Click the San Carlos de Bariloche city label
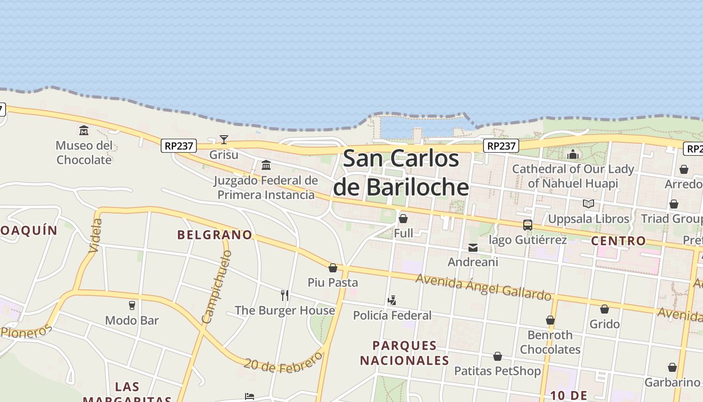(401, 173)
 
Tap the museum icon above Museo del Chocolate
(84, 131)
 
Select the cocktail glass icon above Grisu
(224, 139)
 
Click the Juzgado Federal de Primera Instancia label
(266, 187)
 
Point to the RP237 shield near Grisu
(179, 146)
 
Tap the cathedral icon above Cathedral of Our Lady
(573, 154)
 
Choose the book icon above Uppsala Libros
(588, 204)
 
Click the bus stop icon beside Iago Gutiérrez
(527, 225)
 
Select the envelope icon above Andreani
(473, 247)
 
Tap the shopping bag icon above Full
(403, 219)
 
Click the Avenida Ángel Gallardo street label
(483, 287)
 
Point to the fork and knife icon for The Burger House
(285, 295)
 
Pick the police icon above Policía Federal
(392, 300)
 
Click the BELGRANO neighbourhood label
(214, 235)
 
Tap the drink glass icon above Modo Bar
(132, 306)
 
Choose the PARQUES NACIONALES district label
(404, 353)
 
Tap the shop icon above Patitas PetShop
(497, 356)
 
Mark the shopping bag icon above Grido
(605, 309)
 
